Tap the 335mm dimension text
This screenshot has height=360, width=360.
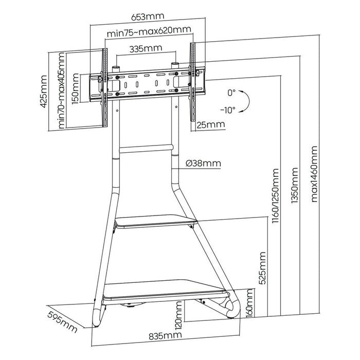pyautogui.click(x=145, y=49)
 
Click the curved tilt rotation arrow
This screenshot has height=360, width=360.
pyautogui.click(x=246, y=100)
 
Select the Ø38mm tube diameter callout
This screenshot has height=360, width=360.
pyautogui.click(x=202, y=164)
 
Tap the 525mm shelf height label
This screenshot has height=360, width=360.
pyautogui.click(x=264, y=269)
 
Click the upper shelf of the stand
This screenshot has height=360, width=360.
pyautogui.click(x=155, y=222)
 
